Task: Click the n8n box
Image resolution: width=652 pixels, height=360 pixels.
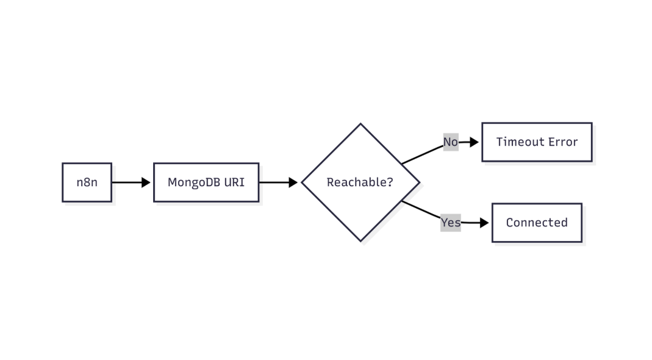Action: click(87, 182)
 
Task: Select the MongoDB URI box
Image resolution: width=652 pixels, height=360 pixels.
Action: click(206, 182)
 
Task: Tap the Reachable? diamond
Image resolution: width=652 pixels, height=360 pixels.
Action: click(360, 182)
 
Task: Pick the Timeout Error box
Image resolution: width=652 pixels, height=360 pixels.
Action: click(537, 142)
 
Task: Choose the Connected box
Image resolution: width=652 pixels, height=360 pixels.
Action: click(537, 223)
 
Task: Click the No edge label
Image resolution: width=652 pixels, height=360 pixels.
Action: click(450, 142)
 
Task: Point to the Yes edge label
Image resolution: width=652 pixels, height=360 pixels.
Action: click(451, 223)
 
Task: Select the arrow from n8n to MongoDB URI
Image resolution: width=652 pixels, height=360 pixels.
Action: click(131, 182)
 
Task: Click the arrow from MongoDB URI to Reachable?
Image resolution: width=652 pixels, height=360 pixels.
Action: click(278, 182)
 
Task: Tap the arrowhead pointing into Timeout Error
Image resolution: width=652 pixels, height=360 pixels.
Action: click(474, 142)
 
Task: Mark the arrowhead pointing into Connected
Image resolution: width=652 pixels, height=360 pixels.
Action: click(484, 223)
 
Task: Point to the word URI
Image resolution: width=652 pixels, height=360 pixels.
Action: click(234, 182)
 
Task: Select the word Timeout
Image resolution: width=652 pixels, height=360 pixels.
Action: click(518, 142)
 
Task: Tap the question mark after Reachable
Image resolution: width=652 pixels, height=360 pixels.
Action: click(390, 182)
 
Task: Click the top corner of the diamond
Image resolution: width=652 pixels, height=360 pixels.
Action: click(360, 124)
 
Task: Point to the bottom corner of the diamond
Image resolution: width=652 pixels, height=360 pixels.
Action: click(360, 240)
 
